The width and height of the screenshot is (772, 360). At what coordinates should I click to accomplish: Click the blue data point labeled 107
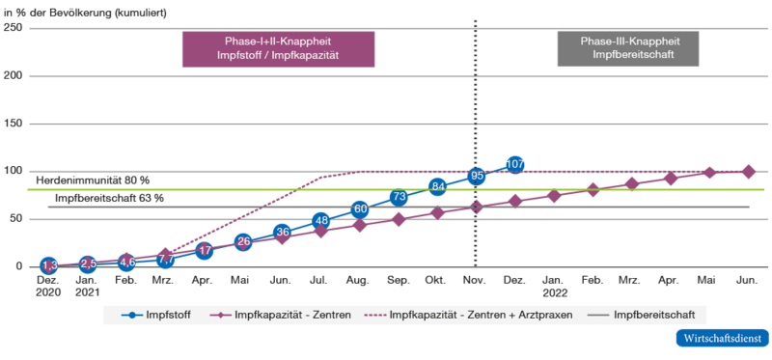pos(514,164)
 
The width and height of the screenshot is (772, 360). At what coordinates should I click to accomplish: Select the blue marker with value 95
pos(476,176)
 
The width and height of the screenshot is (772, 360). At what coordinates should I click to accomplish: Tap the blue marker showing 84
pos(437,186)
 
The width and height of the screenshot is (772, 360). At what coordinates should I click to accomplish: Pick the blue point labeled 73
pos(399,197)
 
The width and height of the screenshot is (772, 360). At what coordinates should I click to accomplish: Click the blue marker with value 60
pos(360,208)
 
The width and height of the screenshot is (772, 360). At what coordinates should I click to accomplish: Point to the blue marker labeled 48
pos(321,220)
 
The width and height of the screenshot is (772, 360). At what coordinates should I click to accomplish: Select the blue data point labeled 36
pos(282,232)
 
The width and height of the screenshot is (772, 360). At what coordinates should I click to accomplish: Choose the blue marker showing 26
pos(243,241)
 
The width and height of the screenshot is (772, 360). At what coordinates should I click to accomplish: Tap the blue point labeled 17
pos(205,250)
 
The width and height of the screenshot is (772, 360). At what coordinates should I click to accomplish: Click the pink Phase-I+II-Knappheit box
pos(278,49)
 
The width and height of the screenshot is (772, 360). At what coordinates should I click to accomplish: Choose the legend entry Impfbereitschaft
pos(647,315)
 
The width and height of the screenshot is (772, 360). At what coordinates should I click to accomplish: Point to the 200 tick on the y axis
pos(14,75)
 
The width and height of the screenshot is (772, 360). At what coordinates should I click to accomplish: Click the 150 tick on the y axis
pos(14,124)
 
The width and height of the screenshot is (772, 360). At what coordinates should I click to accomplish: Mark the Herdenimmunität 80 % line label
pos(93,180)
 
